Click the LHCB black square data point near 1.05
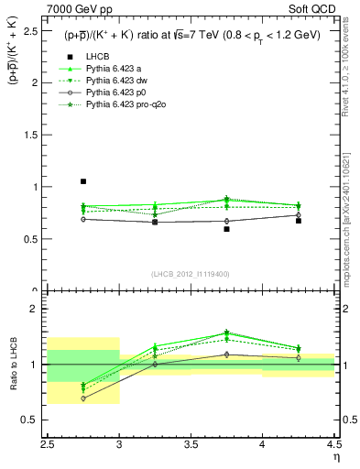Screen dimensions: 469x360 (x=83, y=181)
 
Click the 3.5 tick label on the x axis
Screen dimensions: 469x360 (x=191, y=444)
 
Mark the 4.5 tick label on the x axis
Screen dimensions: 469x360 (x=333, y=444)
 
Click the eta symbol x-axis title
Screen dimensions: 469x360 (x=336, y=457)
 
